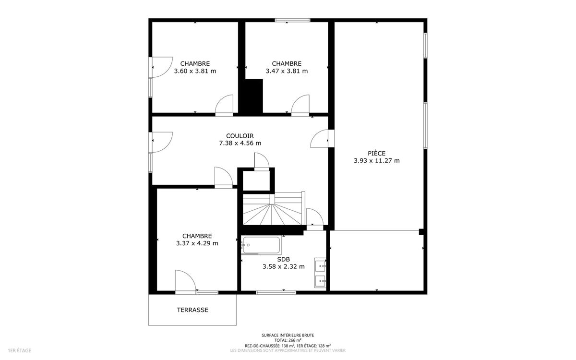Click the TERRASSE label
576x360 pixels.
(x=192, y=310)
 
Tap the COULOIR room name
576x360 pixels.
(x=240, y=136)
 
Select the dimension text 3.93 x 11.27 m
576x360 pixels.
(x=377, y=161)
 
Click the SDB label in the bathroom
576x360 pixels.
(x=283, y=260)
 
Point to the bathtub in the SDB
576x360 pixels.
(x=261, y=245)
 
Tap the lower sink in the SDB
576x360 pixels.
(x=320, y=281)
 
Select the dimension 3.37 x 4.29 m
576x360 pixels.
(x=197, y=243)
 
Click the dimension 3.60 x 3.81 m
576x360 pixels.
(x=195, y=71)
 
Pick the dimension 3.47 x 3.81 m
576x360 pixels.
(x=287, y=71)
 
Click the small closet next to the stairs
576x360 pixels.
(x=256, y=181)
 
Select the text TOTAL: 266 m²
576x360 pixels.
(x=288, y=340)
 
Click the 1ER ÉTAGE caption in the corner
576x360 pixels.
(x=20, y=350)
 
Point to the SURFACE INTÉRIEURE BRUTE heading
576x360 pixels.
(x=288, y=336)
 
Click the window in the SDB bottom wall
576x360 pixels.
(x=276, y=292)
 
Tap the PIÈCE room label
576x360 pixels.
(x=377, y=154)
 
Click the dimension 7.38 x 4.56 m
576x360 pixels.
(x=240, y=143)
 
